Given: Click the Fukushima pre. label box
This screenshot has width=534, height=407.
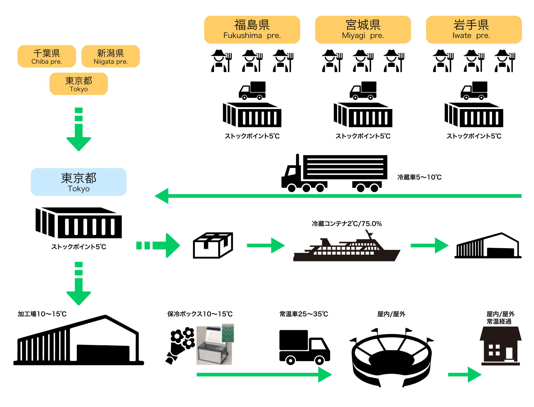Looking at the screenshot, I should [252, 30].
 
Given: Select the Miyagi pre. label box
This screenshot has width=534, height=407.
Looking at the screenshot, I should [363, 30].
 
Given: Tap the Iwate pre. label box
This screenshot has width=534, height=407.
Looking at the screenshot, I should [474, 30].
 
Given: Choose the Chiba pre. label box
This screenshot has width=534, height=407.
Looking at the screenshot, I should [47, 56].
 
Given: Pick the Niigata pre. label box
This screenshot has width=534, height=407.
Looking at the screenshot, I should [110, 56].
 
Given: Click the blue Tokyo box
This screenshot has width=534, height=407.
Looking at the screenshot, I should [79, 182].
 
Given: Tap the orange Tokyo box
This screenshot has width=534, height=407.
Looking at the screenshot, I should [79, 84].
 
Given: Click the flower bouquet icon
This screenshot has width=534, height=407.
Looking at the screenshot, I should [180, 345].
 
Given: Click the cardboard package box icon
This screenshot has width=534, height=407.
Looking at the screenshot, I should [213, 246].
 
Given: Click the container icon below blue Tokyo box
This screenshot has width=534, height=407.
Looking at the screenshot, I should [79, 223].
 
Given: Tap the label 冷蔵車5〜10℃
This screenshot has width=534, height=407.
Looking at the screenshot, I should [419, 177].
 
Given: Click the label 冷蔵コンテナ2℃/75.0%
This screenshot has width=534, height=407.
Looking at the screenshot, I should [347, 224].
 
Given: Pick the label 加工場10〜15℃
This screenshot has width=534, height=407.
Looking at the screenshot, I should [42, 314].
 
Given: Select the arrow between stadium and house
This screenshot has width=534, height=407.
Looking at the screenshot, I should [465, 374].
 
